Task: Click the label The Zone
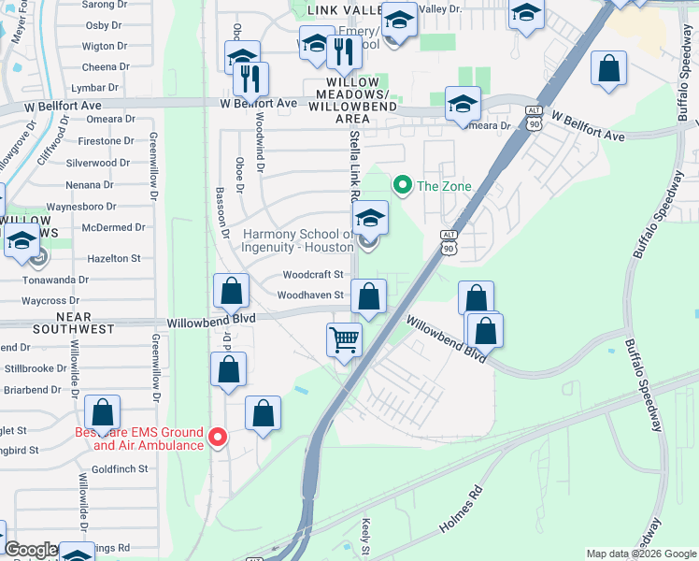click(x=444, y=186)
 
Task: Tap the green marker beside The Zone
click(x=403, y=185)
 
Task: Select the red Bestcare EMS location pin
click(x=218, y=437)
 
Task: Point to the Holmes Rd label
click(x=462, y=511)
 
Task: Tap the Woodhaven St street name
click(x=311, y=295)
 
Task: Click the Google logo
click(x=31, y=550)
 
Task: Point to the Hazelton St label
click(x=112, y=258)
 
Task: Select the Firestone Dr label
click(x=107, y=141)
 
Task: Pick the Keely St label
click(x=367, y=540)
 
